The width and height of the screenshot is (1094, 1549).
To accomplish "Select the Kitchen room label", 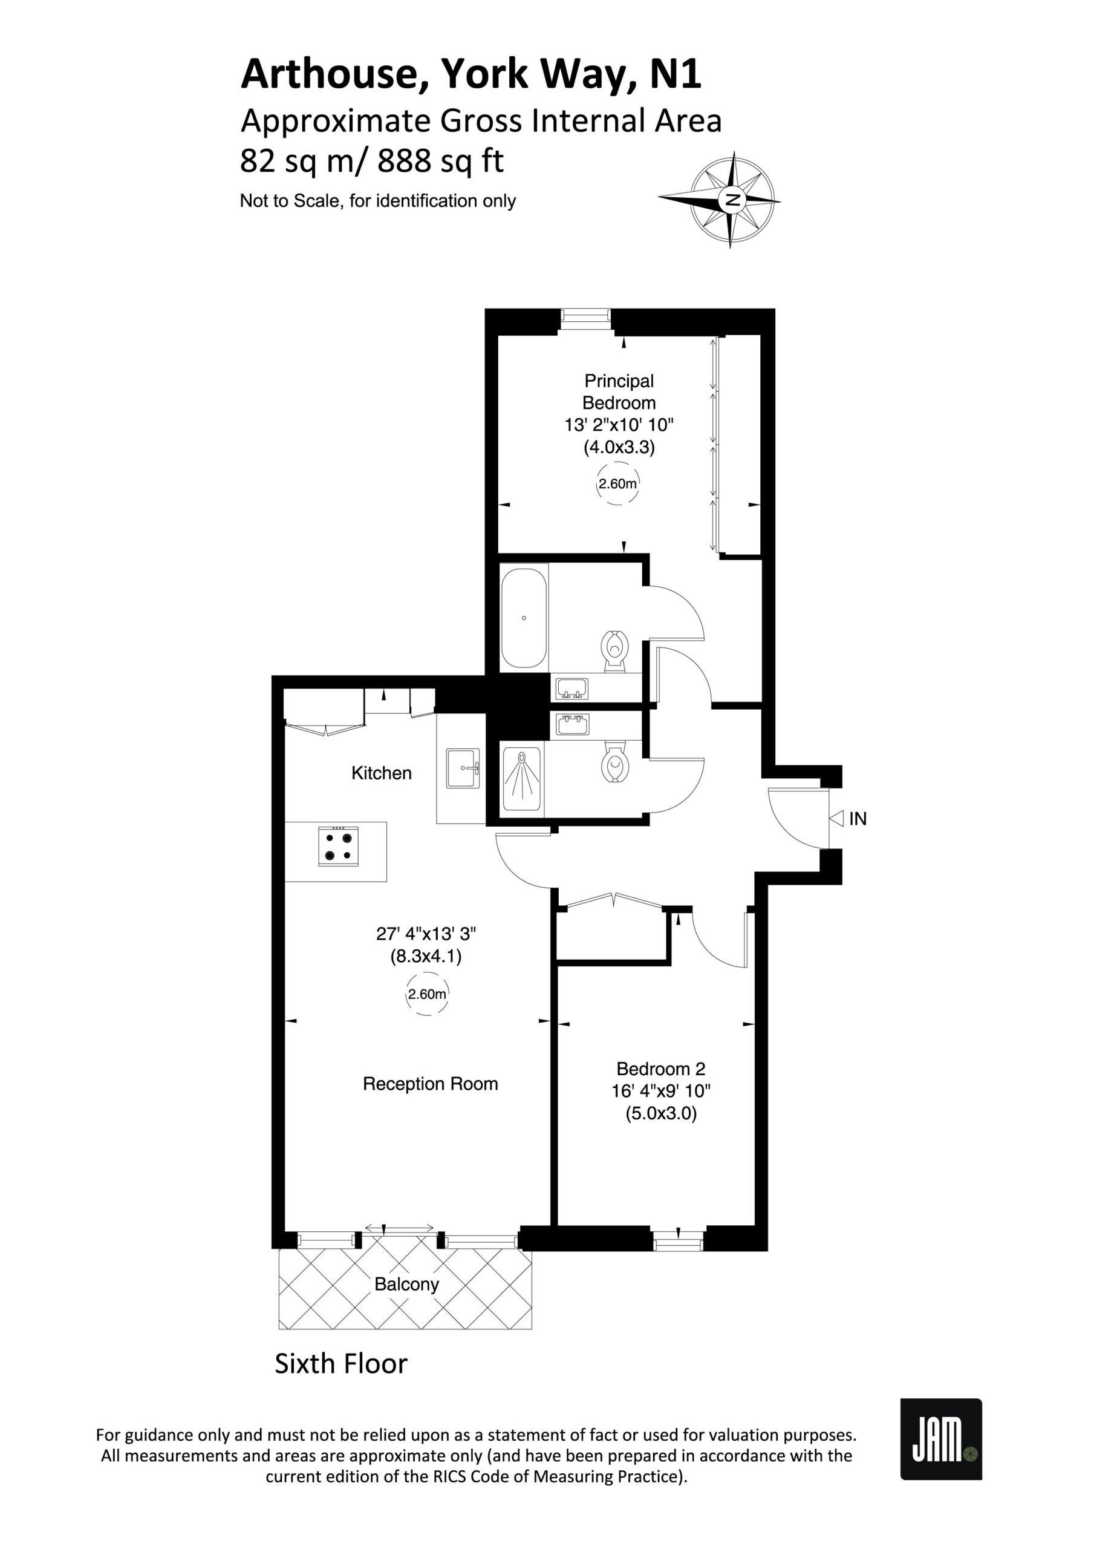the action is point(381,773).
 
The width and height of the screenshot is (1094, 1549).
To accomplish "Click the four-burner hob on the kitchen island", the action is point(338,846).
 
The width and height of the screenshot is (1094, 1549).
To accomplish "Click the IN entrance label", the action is point(858,819).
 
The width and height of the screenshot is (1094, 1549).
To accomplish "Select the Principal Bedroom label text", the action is point(619,392).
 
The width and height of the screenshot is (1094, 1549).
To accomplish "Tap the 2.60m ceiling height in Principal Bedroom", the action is point(618,483).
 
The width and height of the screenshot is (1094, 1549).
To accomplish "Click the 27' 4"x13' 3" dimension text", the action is point(426,934).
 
